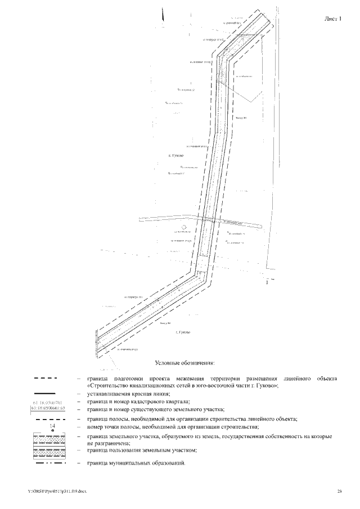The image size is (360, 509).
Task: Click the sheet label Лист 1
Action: tap(333, 19)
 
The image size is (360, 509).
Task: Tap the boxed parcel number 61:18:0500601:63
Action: tap(48, 409)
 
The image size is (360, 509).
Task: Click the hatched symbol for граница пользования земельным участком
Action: tap(48, 452)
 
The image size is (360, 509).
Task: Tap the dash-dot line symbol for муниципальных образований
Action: tap(48, 463)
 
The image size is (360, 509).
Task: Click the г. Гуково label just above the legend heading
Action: tap(181, 332)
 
